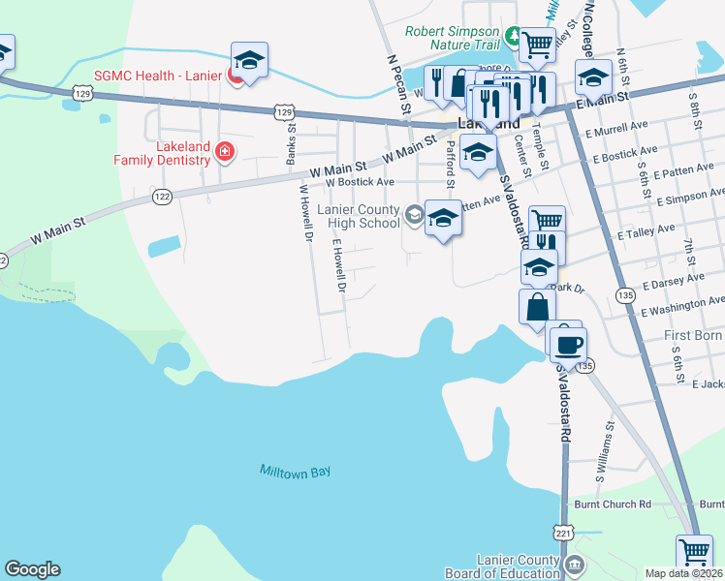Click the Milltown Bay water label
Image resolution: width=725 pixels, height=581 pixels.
(x=296, y=472)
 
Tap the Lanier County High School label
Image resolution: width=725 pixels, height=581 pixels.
(x=360, y=216)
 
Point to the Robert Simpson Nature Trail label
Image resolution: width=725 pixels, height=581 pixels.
(x=452, y=38)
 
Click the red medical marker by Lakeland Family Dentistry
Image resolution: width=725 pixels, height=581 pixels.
(x=225, y=151)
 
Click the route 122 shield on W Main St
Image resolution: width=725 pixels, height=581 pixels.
(x=161, y=197)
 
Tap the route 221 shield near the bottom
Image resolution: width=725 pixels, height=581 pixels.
(x=564, y=533)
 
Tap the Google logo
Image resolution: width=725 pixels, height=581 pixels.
(x=32, y=569)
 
